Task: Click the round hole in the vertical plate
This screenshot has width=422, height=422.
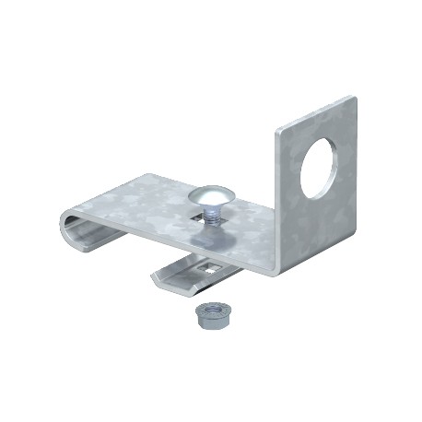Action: click(318, 168)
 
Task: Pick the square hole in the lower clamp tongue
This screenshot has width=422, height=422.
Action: click(210, 269)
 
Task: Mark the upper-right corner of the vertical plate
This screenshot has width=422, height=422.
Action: click(354, 98)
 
